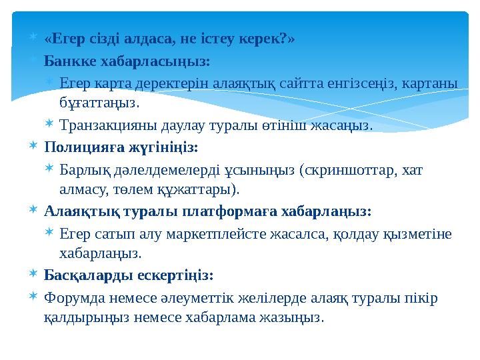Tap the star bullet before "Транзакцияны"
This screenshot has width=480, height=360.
click(x=50, y=125)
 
